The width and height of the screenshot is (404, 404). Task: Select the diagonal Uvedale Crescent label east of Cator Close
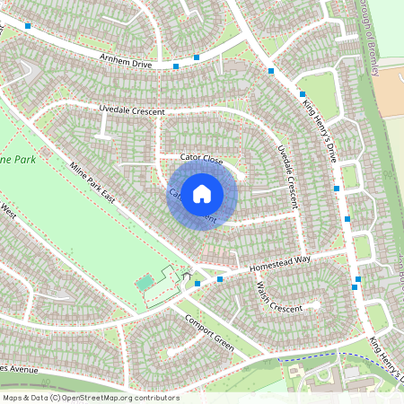tap(286, 165)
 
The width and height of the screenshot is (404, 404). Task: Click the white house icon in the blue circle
tap(202, 193)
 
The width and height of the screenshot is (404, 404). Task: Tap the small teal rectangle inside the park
tap(145, 283)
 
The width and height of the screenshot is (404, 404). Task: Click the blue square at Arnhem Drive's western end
tap(28, 27)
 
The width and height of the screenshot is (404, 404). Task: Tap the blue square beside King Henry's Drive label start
tap(302, 93)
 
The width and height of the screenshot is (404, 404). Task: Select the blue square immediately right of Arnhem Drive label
tap(175, 65)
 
